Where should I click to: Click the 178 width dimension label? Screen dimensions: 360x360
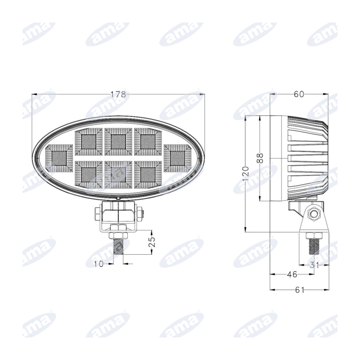pyautogui.click(x=118, y=94)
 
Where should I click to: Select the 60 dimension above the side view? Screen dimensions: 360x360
pyautogui.click(x=299, y=94)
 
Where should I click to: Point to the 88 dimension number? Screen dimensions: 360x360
pyautogui.click(x=260, y=158)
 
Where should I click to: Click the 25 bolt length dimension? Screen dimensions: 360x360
pyautogui.click(x=152, y=242)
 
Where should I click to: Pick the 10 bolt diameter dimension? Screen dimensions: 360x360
pyautogui.click(x=99, y=264)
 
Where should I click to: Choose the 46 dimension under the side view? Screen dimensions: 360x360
pyautogui.click(x=292, y=274)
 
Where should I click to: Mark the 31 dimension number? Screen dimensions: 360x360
pyautogui.click(x=314, y=265)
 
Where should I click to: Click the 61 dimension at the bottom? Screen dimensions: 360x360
pyautogui.click(x=299, y=290)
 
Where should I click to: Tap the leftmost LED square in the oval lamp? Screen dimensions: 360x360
pyautogui.click(x=59, y=158)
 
